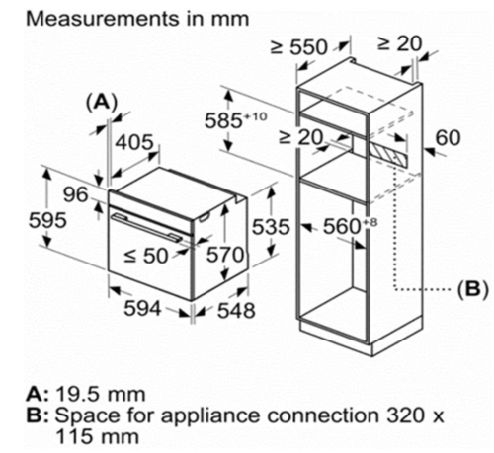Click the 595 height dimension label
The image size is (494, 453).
pyautogui.click(x=47, y=220)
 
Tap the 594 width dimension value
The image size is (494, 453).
pyautogui.click(x=142, y=308)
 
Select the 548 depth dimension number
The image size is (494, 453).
pyautogui.click(x=236, y=311)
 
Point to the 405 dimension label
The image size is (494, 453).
pyautogui.click(x=134, y=142)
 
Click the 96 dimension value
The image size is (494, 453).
pyautogui.click(x=76, y=194)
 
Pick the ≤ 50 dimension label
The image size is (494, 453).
pyautogui.click(x=146, y=256)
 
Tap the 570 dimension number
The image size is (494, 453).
pyautogui.click(x=225, y=255)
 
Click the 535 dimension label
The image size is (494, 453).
pyautogui.click(x=271, y=227)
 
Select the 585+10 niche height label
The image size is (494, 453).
pyautogui.click(x=235, y=120)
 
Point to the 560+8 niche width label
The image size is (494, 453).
pyautogui.click(x=350, y=226)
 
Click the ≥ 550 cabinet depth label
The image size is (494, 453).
pyautogui.click(x=299, y=47)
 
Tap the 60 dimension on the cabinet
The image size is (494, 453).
pyautogui.click(x=448, y=137)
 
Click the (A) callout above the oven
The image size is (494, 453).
pyautogui.click(x=102, y=103)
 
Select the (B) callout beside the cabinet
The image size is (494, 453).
pyautogui.click(x=472, y=289)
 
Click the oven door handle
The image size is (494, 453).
pyautogui.click(x=146, y=227)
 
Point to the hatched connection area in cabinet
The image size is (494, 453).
pyautogui.click(x=388, y=153)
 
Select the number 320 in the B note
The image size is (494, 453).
pyautogui.click(x=405, y=415)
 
